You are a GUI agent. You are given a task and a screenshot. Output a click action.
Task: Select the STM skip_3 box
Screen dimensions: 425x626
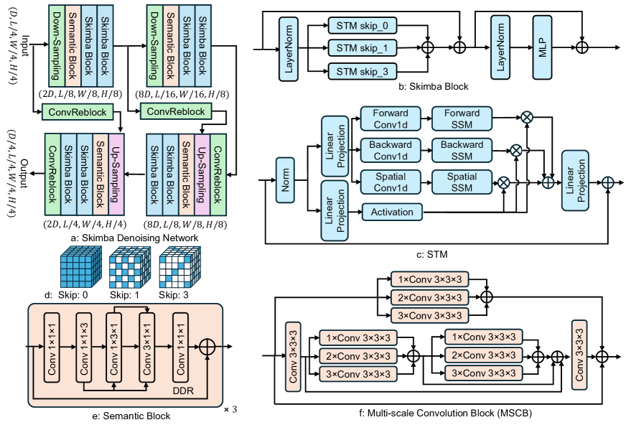pos(363,70)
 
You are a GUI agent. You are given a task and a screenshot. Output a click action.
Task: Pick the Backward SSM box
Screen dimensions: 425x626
pos(462,149)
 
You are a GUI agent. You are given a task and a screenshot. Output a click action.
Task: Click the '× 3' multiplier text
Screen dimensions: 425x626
pos(230,409)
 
